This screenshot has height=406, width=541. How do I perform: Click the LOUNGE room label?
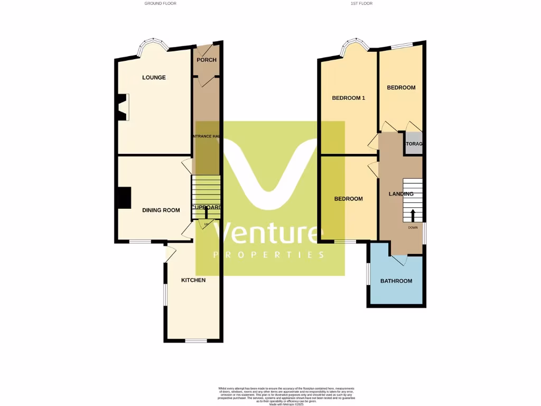[154, 78]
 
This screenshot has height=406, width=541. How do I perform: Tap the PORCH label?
[206, 60]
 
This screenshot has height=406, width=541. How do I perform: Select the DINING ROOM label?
[161, 210]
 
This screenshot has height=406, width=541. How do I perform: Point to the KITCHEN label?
[193, 280]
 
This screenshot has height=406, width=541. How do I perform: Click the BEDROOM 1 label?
[348, 98]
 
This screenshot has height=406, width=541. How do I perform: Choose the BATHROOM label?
[396, 281]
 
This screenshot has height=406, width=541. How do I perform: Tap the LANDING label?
[401, 194]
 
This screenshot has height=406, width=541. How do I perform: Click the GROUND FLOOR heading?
[160, 3]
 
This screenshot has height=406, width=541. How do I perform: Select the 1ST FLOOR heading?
[361, 3]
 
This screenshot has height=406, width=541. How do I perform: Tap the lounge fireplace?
[123, 107]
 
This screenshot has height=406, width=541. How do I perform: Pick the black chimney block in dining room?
[124, 198]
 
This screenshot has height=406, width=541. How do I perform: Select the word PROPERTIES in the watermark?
[269, 255]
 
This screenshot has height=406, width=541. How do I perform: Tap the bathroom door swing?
[400, 260]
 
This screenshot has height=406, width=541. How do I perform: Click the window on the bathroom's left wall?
[368, 274]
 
